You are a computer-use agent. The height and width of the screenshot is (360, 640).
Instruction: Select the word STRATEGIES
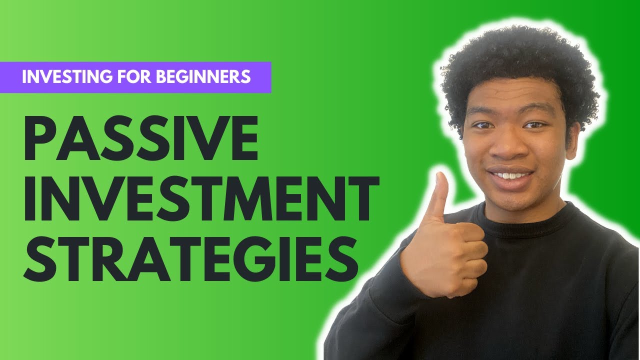tap(190, 259)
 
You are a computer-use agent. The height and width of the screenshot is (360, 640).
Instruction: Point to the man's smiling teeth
tap(510, 175)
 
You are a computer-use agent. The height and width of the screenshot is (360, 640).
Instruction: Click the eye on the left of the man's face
tap(484, 125)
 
